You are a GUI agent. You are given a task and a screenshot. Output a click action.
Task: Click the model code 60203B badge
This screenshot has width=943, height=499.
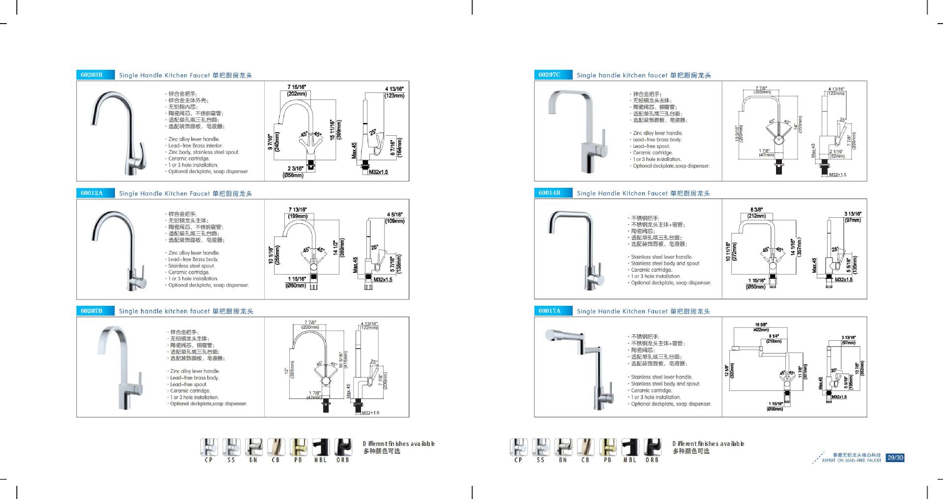click(91, 75)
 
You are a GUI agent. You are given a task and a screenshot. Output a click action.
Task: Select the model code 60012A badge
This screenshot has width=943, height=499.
click(91, 193)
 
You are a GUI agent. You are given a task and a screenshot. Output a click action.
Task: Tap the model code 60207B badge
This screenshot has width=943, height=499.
click(91, 311)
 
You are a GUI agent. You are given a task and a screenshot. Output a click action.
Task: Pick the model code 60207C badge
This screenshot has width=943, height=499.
click(549, 75)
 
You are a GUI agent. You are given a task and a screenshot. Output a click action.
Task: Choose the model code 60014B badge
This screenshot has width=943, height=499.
click(549, 193)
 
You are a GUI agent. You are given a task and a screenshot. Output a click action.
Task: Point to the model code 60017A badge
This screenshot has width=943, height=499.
click(549, 311)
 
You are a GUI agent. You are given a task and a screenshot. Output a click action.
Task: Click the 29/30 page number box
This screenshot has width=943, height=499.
click(895, 458)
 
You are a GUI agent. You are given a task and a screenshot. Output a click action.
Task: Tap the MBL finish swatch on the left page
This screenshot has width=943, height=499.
click(321, 447)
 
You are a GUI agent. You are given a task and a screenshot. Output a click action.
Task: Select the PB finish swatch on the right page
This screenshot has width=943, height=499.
click(608, 447)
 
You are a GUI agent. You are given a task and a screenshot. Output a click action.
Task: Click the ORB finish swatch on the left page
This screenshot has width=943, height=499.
click(343, 447)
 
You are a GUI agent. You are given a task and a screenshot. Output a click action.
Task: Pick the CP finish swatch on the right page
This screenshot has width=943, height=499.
click(519, 447)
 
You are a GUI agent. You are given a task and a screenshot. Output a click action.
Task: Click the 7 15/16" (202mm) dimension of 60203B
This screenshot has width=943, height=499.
click(297, 90)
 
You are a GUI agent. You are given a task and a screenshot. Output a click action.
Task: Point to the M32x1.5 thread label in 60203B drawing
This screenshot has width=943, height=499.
click(378, 172)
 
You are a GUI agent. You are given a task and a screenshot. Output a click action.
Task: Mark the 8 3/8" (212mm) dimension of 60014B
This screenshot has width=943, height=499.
click(756, 213)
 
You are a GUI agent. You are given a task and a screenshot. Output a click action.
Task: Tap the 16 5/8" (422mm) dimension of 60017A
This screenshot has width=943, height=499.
click(761, 327)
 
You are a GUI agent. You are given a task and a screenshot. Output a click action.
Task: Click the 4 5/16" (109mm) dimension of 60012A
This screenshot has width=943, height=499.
click(395, 218)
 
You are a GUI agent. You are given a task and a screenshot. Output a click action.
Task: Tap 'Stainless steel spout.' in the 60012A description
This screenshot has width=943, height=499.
click(192, 266)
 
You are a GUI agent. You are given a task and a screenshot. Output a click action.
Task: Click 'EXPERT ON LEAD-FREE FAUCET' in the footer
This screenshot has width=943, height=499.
click(852, 461)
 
